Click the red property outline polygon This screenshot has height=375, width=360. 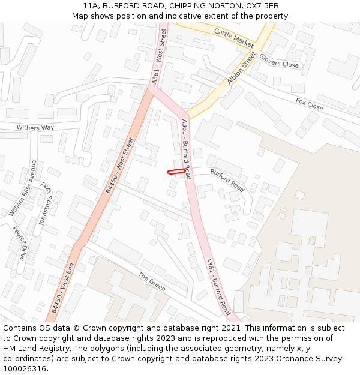pyautogui.click(x=175, y=172)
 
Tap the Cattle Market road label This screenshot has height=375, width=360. pyautogui.click(x=234, y=37)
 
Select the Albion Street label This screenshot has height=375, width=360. pyautogui.click(x=242, y=68)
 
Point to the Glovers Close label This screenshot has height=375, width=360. pyautogui.click(x=278, y=61)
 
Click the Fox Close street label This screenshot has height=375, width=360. pyautogui.click(x=309, y=104)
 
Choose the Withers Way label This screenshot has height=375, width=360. pyautogui.click(x=35, y=128)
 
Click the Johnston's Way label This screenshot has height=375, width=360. pyautogui.click(x=46, y=203)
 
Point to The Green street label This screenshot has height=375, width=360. pyautogui.click(x=151, y=281)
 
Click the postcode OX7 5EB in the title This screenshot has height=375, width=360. pyautogui.click(x=263, y=6)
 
